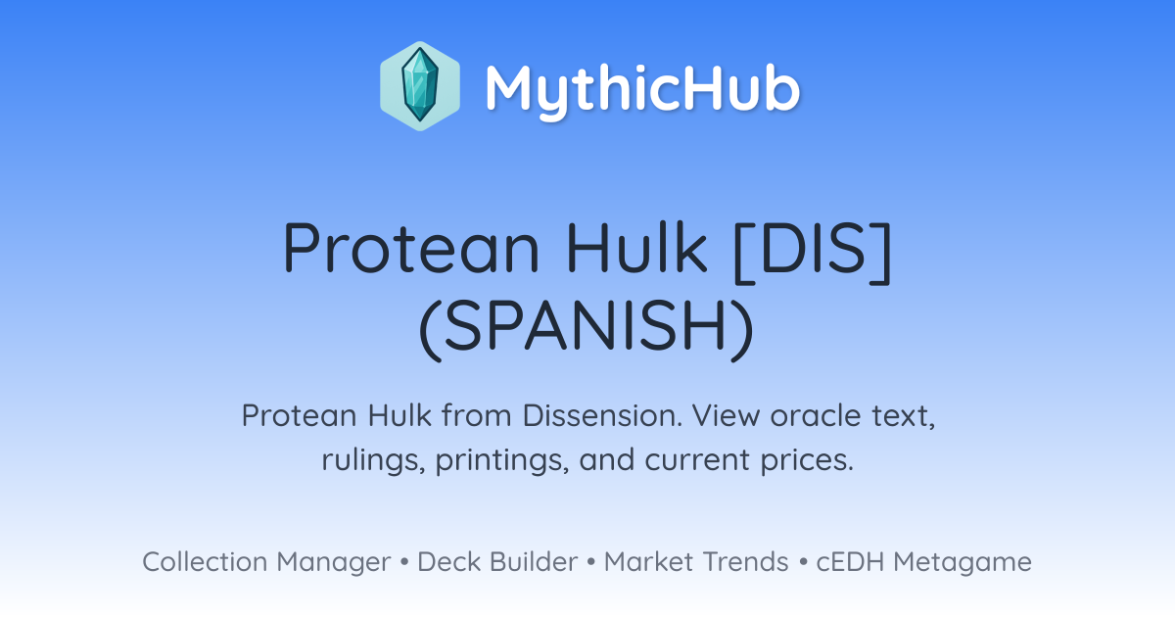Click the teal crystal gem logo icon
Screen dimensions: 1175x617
420,86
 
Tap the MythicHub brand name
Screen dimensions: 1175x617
642,89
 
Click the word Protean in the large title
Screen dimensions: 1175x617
411,248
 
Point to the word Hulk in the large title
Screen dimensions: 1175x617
636,247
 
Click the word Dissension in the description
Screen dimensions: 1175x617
603,415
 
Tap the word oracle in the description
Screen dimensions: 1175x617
816,416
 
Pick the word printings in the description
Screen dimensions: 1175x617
502,460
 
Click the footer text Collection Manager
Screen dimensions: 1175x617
266,562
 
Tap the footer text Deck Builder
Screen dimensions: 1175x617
497,561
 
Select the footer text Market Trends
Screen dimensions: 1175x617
696,561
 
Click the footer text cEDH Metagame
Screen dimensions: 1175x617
923,562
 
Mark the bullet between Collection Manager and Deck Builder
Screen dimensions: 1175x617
403,562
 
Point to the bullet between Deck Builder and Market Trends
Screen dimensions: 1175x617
591,562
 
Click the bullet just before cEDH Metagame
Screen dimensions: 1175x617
803,562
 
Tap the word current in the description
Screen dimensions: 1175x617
697,460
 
